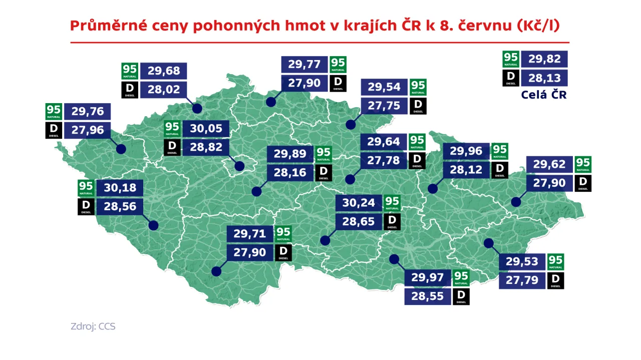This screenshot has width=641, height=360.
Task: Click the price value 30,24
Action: [x=358, y=203]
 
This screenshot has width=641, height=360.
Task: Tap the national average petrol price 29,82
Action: [x=544, y=59]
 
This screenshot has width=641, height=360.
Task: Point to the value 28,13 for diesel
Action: [x=544, y=78]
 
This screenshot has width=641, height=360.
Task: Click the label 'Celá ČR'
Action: [x=543, y=95]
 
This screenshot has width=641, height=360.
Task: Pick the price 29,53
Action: [x=522, y=261]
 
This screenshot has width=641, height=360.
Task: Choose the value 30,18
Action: [x=120, y=188]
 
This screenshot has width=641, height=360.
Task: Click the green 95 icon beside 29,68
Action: [x=130, y=71]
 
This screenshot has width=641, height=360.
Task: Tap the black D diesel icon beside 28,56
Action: [x=86, y=206]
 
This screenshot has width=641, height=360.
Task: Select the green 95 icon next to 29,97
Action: [x=461, y=278]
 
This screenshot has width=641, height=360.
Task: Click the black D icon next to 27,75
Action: [x=418, y=106]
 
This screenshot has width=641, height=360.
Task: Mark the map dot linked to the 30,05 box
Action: [x=239, y=166]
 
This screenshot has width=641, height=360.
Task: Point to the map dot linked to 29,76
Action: [x=121, y=149]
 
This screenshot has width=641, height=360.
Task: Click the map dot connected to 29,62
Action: [x=515, y=202]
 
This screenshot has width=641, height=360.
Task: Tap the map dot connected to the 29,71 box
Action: [x=216, y=271]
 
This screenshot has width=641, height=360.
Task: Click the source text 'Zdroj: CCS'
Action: [x=93, y=326]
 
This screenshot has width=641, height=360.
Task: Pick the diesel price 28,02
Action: [x=163, y=90]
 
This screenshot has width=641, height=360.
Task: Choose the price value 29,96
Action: [x=466, y=151]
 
